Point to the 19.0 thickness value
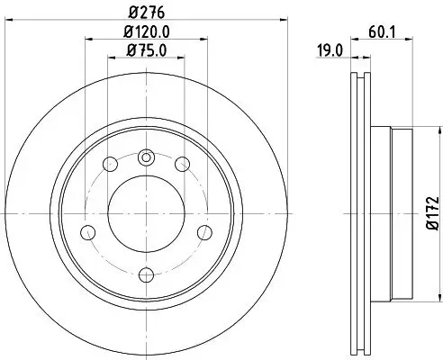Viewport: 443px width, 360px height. tap(331, 52)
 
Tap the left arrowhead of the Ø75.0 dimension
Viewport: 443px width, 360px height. tap(111, 56)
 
